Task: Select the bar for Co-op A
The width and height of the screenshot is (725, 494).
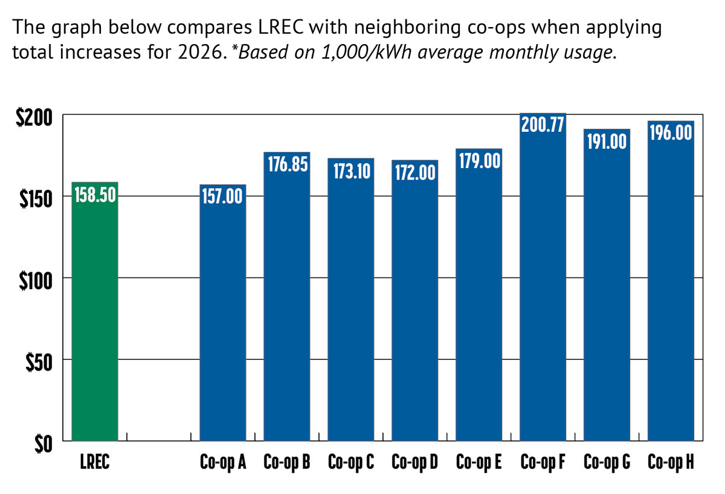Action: click(x=223, y=320)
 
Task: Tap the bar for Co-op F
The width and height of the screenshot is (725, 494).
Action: click(x=543, y=284)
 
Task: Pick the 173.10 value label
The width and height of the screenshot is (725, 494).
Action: click(x=351, y=171)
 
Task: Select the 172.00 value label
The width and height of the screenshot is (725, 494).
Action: click(x=415, y=173)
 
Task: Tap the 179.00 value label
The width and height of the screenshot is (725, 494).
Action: click(x=478, y=161)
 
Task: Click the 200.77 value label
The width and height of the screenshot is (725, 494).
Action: click(x=543, y=126)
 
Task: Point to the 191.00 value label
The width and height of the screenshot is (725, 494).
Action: click(x=607, y=142)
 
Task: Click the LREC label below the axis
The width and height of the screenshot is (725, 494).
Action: click(x=94, y=463)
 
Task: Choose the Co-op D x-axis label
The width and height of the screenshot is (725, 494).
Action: click(x=415, y=463)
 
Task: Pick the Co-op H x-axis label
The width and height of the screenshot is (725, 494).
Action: click(x=671, y=463)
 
